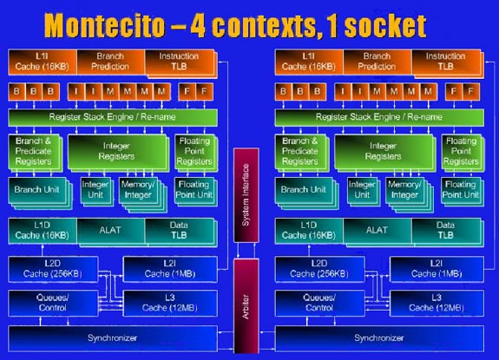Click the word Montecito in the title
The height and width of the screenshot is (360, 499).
(x=104, y=26)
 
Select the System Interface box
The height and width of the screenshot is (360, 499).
(x=246, y=195)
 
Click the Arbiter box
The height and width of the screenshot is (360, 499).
(x=246, y=306)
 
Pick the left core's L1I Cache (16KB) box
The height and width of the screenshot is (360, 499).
(x=43, y=62)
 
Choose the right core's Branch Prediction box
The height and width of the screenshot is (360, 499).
(x=378, y=62)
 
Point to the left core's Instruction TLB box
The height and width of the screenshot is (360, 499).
(x=181, y=63)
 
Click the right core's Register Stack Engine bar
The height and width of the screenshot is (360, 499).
(x=379, y=117)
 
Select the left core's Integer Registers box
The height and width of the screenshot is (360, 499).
(x=117, y=152)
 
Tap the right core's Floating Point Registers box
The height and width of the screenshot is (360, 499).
(x=462, y=152)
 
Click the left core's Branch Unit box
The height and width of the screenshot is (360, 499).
(x=39, y=193)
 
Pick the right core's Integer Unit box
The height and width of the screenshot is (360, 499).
(x=363, y=191)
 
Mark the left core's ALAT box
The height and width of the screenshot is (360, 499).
(x=111, y=232)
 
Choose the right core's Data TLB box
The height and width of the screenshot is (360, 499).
(x=447, y=232)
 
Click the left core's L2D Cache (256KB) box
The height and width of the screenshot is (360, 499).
(x=53, y=270)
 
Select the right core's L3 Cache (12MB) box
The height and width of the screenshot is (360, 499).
(x=437, y=304)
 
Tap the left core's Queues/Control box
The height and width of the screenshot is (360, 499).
(x=53, y=304)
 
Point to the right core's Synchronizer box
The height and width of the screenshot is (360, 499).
(x=379, y=338)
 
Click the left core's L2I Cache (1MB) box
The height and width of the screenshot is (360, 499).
(x=170, y=270)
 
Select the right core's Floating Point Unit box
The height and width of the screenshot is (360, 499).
(x=462, y=192)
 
